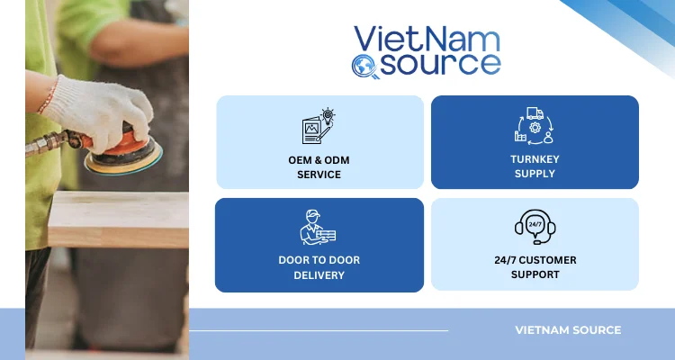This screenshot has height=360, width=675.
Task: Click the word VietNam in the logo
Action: (x=427, y=39)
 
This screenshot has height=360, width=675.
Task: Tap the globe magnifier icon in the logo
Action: (x=362, y=65)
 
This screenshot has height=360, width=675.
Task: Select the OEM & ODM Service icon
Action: (x=319, y=126)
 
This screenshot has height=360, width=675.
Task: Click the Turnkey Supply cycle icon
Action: (x=535, y=125)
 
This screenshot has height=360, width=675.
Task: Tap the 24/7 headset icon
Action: (x=535, y=227)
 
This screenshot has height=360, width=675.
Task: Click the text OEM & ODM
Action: (x=319, y=159)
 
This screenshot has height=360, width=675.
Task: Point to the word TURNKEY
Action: (x=535, y=159)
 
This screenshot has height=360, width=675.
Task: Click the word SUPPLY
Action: (x=535, y=174)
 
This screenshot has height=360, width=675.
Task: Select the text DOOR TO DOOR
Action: (x=319, y=261)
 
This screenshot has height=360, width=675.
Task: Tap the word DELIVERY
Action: (x=319, y=275)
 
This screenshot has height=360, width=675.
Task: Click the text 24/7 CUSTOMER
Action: (x=535, y=261)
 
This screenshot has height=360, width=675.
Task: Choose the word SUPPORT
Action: (x=535, y=275)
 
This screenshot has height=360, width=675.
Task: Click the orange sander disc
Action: (x=121, y=155)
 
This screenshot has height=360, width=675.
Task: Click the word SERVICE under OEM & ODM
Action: (x=319, y=174)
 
